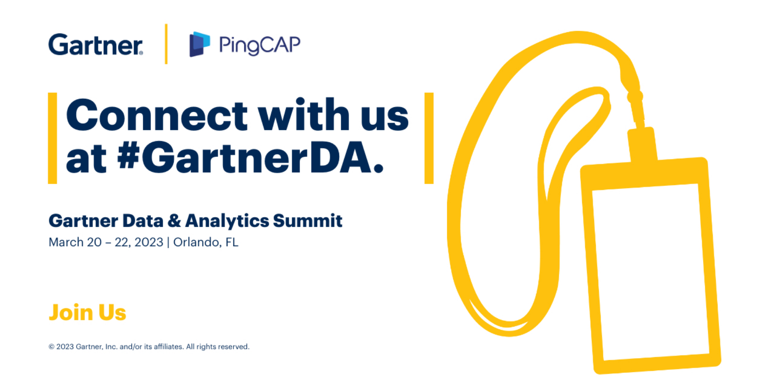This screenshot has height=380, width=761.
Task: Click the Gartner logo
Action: pos(96,45)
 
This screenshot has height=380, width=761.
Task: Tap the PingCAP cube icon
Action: pos(200,44)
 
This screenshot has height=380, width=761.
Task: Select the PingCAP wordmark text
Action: pos(260,45)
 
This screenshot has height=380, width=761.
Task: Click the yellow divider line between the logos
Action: pos(166,44)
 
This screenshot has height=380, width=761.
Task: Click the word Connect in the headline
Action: pos(156,115)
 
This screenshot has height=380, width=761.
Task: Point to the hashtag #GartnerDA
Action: pos(250,159)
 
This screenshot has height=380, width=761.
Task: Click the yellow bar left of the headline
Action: pos(52,138)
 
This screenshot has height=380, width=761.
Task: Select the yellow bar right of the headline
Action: pos(429,138)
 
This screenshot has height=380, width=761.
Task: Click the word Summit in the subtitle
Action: pos(307,220)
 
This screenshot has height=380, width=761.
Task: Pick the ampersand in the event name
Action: pos(174,221)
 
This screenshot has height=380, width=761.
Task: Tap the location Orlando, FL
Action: pos(205,242)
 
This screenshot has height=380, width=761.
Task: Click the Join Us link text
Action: pos(88,312)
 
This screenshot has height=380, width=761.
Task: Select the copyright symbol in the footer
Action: pos(52,347)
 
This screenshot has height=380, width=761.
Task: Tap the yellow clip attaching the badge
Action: pos(642,144)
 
